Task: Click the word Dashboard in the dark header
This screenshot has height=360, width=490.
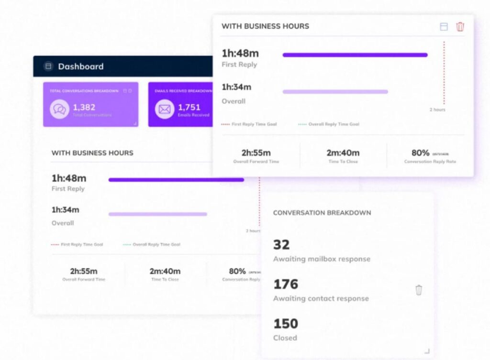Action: pyautogui.click(x=80, y=66)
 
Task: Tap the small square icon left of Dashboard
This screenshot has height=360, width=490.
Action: pyautogui.click(x=48, y=66)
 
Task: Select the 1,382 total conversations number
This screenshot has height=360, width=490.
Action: pyautogui.click(x=85, y=107)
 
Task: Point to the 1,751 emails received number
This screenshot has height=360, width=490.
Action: pyautogui.click(x=189, y=107)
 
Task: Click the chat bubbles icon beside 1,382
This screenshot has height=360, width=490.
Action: pyautogui.click(x=60, y=109)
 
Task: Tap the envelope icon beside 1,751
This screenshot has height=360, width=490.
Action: pyautogui.click(x=165, y=109)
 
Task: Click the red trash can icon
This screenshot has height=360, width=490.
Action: pyautogui.click(x=460, y=27)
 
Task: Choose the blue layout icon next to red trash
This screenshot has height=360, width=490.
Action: pyautogui.click(x=444, y=27)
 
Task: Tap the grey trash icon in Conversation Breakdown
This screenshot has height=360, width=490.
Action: pyautogui.click(x=419, y=290)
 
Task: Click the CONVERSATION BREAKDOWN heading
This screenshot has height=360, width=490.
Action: pyautogui.click(x=322, y=213)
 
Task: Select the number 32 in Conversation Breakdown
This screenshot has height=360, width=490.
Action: pyautogui.click(x=281, y=245)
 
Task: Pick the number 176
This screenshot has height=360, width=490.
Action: pyautogui.click(x=286, y=284)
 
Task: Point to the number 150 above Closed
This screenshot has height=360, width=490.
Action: pyautogui.click(x=286, y=324)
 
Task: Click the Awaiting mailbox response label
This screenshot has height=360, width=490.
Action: pyautogui.click(x=322, y=259)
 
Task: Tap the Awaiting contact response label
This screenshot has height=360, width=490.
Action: pyautogui.click(x=321, y=298)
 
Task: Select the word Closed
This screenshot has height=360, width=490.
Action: pyautogui.click(x=285, y=338)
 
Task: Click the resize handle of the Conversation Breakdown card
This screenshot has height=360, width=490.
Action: pyautogui.click(x=427, y=351)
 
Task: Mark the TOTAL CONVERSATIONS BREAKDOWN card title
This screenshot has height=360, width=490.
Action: pyautogui.click(x=85, y=91)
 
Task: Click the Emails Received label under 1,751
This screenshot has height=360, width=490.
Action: pyautogui.click(x=193, y=115)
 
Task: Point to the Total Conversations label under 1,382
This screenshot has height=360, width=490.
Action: pyautogui.click(x=92, y=115)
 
